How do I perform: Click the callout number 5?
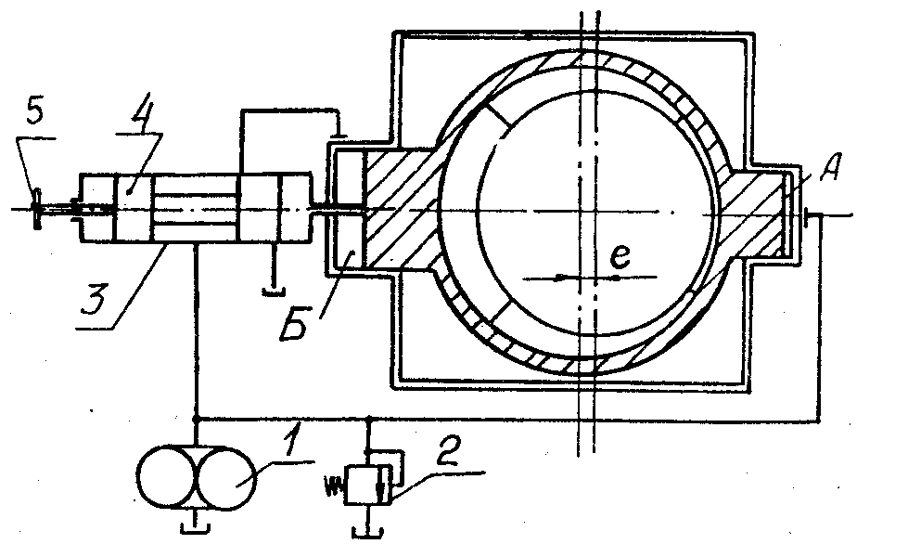[35, 112]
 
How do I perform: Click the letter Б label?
[295, 323]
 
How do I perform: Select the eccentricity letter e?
[620, 256]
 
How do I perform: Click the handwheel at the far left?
[36, 209]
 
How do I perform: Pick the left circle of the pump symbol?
[167, 477]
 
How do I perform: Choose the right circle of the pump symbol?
[226, 477]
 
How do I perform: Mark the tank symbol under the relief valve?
[367, 529]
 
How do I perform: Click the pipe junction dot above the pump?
[197, 418]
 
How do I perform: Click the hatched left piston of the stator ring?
[401, 209]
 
